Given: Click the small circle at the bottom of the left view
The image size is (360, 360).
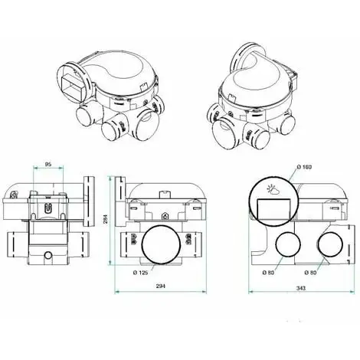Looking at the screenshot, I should (47, 252).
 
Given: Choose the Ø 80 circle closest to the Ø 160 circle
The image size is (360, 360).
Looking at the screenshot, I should (288, 246).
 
